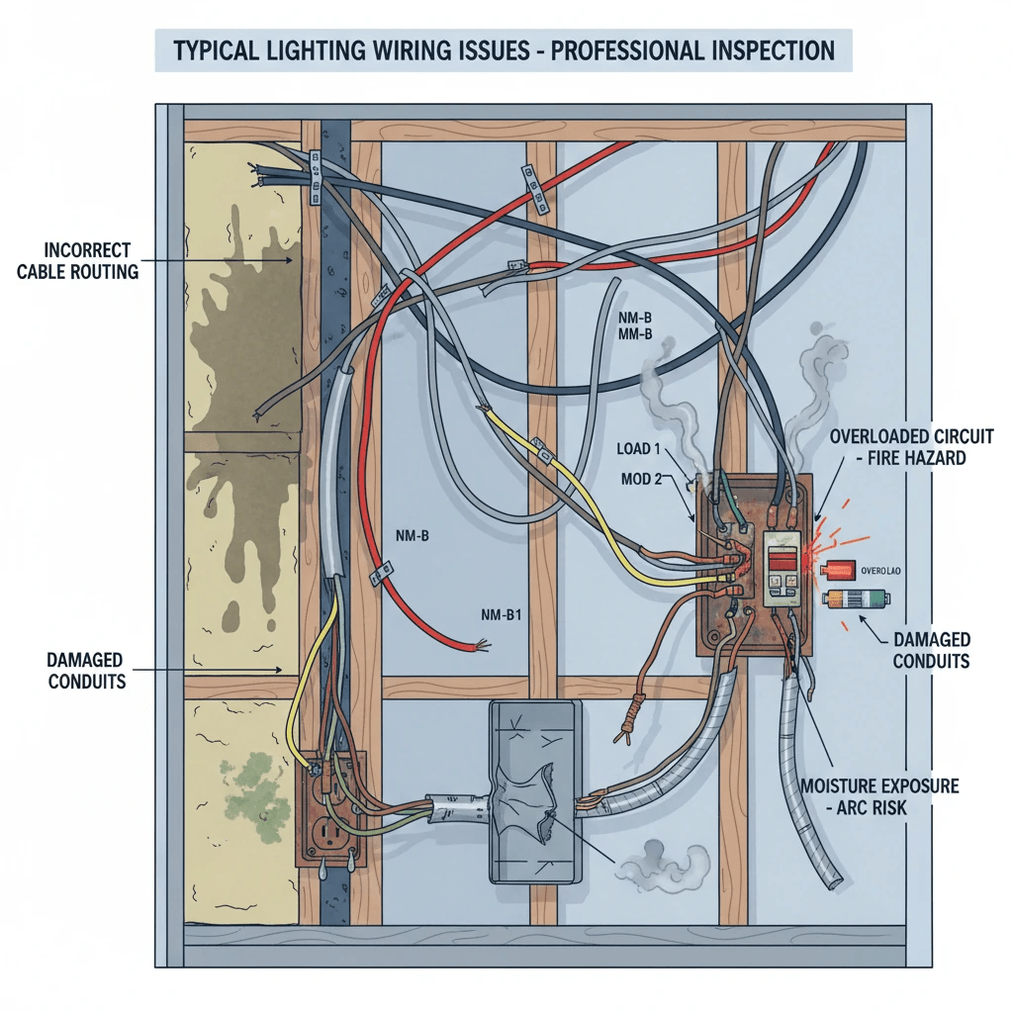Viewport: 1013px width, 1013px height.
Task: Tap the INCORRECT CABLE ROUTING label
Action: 78,261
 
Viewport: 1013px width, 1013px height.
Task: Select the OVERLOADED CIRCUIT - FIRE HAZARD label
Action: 911,447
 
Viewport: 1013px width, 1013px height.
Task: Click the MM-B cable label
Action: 634,335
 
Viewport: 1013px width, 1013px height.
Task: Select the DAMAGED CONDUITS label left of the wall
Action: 86,670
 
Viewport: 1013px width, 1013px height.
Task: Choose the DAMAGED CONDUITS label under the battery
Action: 931,650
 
